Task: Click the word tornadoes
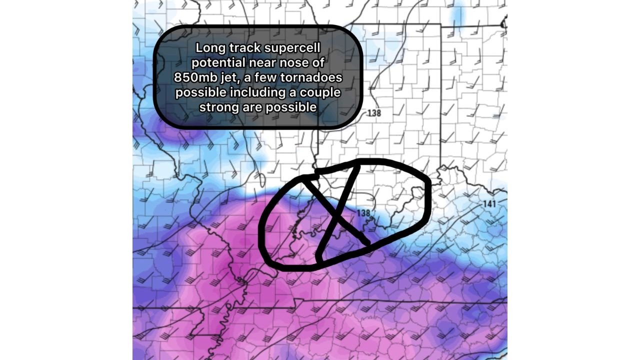coord(314,78)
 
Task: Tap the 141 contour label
coord(489,203)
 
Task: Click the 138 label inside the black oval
coord(363,213)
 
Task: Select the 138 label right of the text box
coord(374,113)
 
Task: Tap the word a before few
coord(251,78)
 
